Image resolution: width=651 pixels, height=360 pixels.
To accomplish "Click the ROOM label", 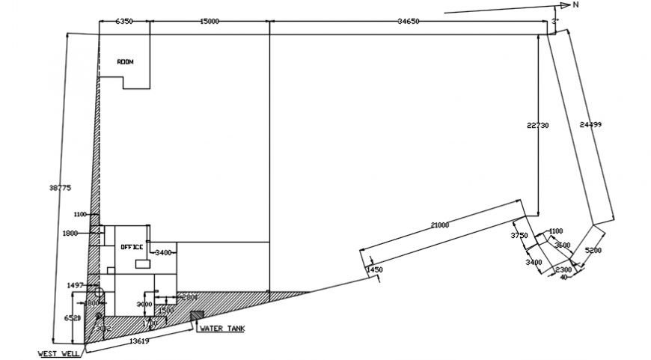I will (x=125, y=62).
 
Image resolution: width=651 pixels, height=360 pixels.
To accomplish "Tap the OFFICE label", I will (x=132, y=246).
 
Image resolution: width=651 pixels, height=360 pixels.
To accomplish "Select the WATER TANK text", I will (x=221, y=328).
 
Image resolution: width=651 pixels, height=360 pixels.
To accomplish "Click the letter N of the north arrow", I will (x=575, y=5).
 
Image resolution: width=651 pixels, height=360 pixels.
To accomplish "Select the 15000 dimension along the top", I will (x=209, y=22).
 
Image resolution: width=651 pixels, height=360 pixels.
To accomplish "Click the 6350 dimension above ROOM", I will (x=123, y=22).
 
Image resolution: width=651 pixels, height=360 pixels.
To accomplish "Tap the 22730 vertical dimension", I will (x=537, y=126).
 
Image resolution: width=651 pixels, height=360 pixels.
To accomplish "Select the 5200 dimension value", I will (x=593, y=250).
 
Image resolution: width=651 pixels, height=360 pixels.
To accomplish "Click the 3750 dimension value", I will (x=519, y=236).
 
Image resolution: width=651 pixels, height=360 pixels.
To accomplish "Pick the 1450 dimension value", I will (x=374, y=269).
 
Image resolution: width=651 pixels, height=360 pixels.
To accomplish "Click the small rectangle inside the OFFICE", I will (x=141, y=263).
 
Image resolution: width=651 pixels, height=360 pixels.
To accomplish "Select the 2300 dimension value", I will (x=563, y=270).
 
